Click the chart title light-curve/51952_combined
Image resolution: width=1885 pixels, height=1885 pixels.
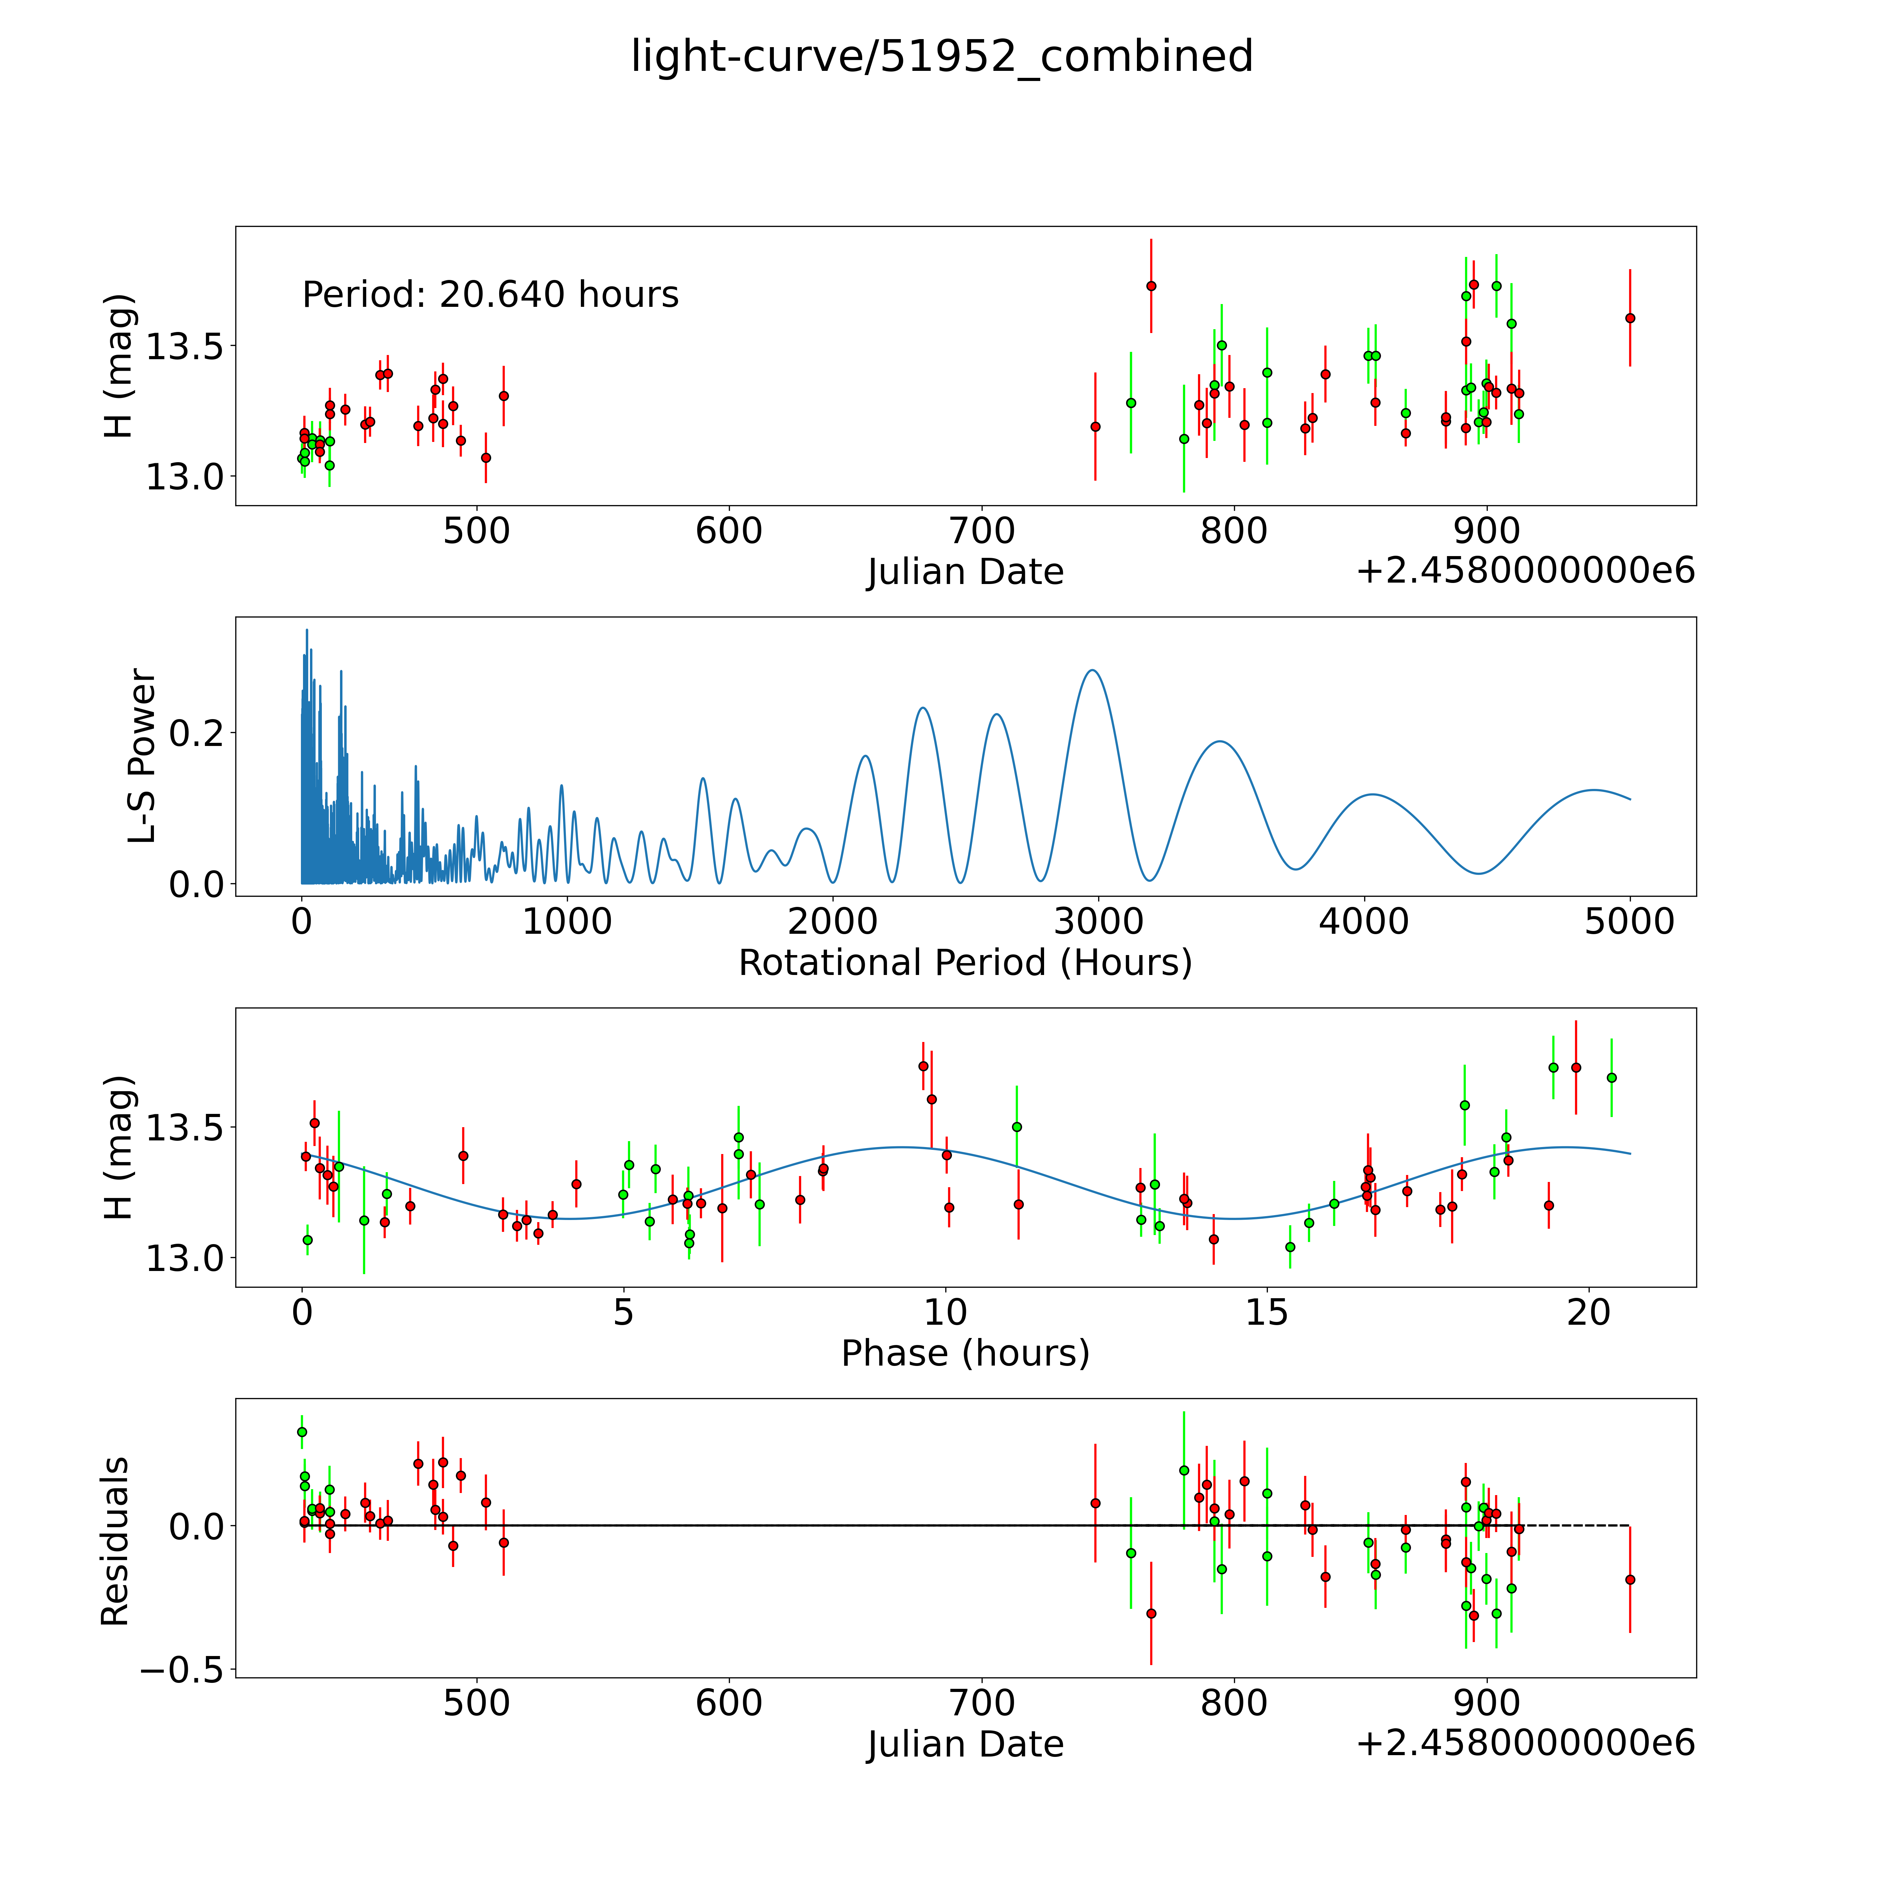(x=941, y=57)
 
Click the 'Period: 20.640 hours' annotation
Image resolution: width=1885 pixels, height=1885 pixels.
(x=490, y=295)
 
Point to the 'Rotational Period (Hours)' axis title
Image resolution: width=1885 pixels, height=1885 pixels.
(x=965, y=963)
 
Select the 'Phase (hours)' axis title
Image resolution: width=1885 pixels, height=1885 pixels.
(x=965, y=1353)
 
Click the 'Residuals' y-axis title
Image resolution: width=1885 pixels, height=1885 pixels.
(x=115, y=1542)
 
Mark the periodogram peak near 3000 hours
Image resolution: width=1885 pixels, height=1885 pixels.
(x=1092, y=670)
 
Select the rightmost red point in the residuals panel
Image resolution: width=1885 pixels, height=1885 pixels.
(x=1629, y=1580)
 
